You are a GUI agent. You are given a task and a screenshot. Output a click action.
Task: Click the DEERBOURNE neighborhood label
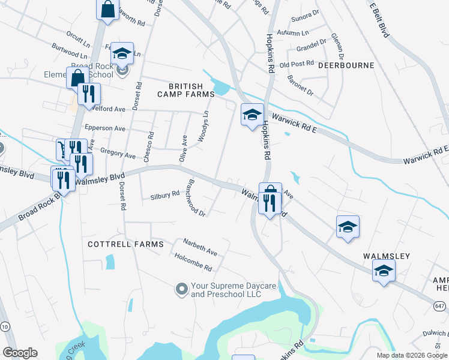click(x=346, y=65)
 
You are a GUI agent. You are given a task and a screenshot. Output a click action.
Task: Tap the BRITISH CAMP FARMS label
click(x=186, y=90)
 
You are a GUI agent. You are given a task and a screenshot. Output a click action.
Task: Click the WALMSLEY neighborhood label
click(x=387, y=256)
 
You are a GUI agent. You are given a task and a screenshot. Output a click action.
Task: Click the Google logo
click(x=20, y=353)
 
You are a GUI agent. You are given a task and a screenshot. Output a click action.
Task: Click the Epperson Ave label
click(x=105, y=128)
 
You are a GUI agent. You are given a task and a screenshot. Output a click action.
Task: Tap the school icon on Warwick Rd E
click(x=252, y=114)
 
